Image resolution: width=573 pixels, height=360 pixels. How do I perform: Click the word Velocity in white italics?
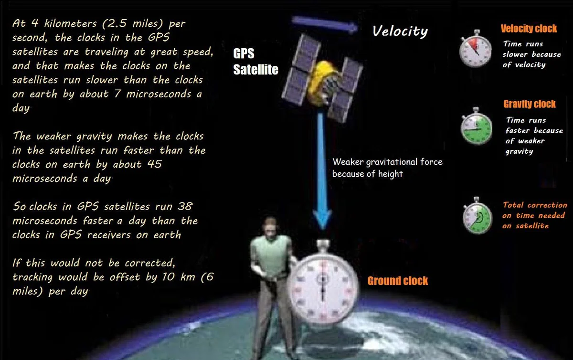400,32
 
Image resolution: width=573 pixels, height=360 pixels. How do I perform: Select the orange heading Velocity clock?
529,29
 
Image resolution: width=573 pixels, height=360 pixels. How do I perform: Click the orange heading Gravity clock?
530,104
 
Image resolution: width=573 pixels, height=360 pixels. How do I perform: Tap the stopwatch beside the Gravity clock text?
476,127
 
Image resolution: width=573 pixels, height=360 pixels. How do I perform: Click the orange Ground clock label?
397,281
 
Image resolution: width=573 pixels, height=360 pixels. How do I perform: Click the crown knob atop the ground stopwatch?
323,246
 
